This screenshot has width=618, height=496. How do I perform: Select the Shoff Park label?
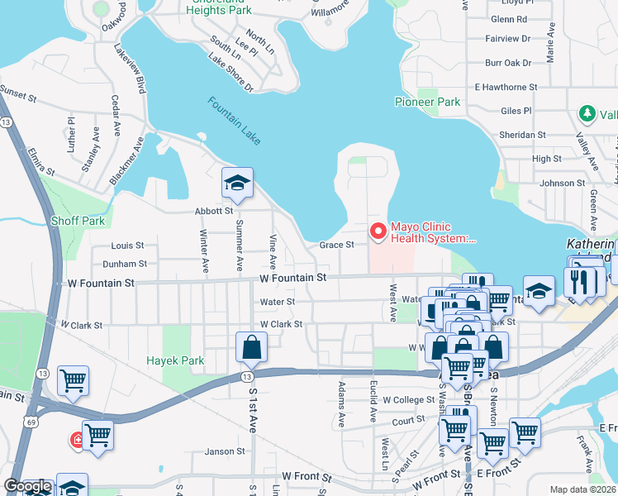(78, 221)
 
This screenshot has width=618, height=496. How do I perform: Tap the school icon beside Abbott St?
(237, 184)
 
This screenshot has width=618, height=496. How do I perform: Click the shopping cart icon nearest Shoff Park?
(73, 381)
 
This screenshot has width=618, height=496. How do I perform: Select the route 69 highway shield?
(30, 421)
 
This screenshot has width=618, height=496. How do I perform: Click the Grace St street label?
(337, 245)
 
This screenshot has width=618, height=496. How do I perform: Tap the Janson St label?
(225, 451)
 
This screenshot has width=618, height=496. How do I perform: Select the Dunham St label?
(125, 265)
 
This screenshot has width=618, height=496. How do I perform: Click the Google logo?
(27, 487)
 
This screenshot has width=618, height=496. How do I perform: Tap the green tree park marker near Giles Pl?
(587, 114)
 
